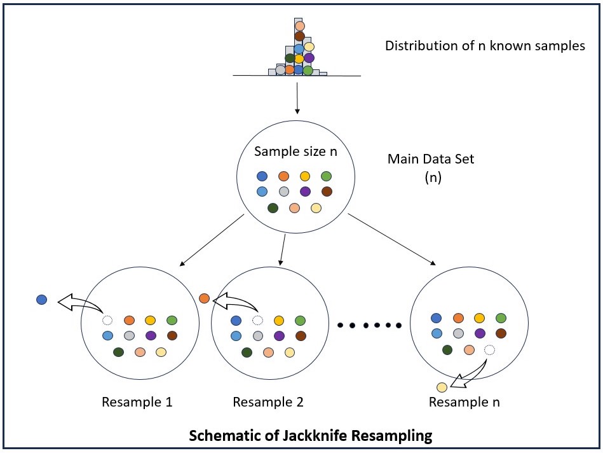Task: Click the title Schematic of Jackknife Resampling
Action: [x=310, y=436]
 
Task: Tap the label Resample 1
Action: [x=137, y=402]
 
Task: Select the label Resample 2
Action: [x=268, y=402]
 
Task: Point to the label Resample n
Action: [x=464, y=402]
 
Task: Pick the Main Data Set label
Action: [x=431, y=159]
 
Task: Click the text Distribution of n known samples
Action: [x=485, y=46]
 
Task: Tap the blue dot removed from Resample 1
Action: [x=42, y=299]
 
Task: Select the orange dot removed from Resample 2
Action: [x=204, y=298]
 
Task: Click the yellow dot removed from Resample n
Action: [x=442, y=387]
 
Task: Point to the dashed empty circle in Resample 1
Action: [x=107, y=321]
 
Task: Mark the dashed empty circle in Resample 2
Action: [x=257, y=321]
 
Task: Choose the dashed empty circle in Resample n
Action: [x=489, y=349]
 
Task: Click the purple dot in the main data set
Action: [x=306, y=192]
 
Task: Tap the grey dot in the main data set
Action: [x=284, y=192]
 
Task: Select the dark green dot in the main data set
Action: [x=273, y=207]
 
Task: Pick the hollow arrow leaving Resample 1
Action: [x=79, y=301]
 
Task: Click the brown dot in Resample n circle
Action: [x=501, y=333]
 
